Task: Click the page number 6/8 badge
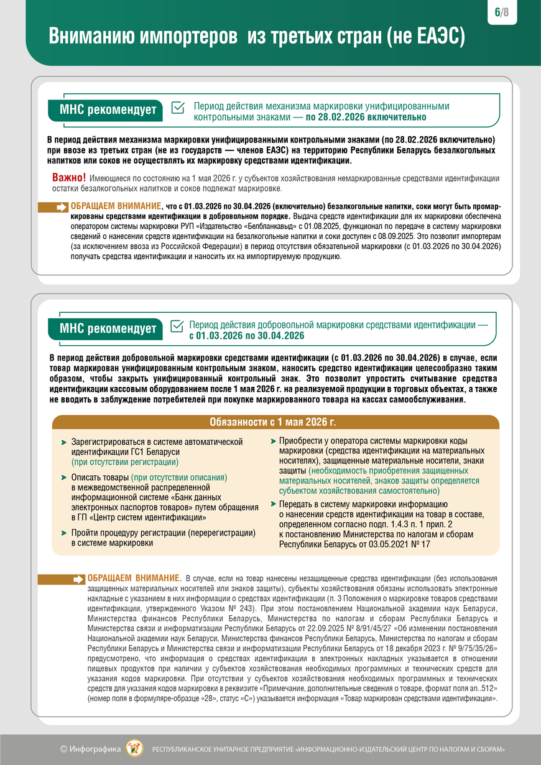point(502,12)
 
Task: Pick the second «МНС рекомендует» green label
point(107,328)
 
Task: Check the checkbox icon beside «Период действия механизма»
point(177,108)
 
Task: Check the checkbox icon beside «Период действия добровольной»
point(177,325)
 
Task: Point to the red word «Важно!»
point(69,178)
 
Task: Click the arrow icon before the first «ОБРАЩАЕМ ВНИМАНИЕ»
point(62,207)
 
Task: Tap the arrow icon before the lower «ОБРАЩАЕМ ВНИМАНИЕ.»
point(78,579)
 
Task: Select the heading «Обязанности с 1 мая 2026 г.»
point(272,422)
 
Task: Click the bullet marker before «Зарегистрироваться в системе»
point(64,442)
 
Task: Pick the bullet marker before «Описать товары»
point(64,478)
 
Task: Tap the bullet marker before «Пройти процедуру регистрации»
point(64,533)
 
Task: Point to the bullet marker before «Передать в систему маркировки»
point(272,504)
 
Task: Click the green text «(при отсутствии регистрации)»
point(125,462)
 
